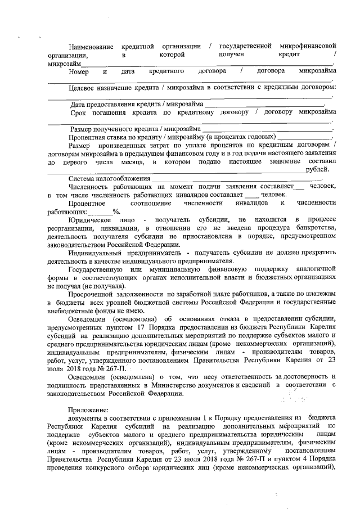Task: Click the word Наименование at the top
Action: pos(91,46)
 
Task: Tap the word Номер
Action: pos(78,72)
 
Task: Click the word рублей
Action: pos(317,170)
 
